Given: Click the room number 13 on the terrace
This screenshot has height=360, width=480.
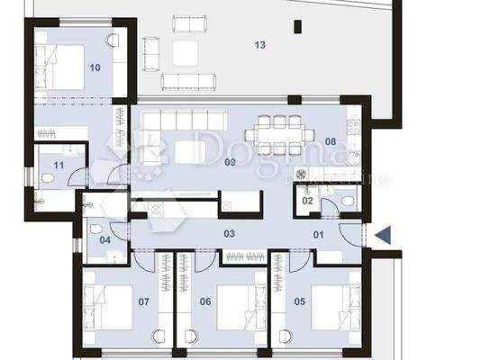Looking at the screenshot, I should pyautogui.click(x=260, y=44).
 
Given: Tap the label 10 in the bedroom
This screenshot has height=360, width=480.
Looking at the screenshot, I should pyautogui.click(x=95, y=67).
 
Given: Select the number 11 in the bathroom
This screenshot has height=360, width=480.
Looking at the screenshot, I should pyautogui.click(x=59, y=166).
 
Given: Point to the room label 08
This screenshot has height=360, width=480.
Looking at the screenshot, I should pyautogui.click(x=331, y=141).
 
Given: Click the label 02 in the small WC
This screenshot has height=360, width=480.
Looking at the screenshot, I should pyautogui.click(x=307, y=201).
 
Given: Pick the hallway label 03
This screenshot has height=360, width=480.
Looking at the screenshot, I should pyautogui.click(x=230, y=234).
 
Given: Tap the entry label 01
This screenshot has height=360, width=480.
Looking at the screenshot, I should pyautogui.click(x=318, y=235).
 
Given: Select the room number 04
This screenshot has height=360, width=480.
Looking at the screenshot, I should pyautogui.click(x=104, y=239).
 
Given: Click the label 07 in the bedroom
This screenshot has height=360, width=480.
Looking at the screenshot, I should pyautogui.click(x=143, y=301).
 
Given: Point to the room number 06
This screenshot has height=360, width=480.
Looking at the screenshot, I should pyautogui.click(x=204, y=301).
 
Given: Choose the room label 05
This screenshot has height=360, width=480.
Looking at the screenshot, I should pyautogui.click(x=300, y=301).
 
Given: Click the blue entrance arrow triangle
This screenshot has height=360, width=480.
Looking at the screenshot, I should pyautogui.click(x=383, y=236).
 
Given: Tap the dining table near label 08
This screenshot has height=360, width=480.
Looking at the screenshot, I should pyautogui.click(x=280, y=135).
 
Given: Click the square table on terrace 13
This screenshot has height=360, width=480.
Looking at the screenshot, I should pyautogui.click(x=185, y=52).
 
